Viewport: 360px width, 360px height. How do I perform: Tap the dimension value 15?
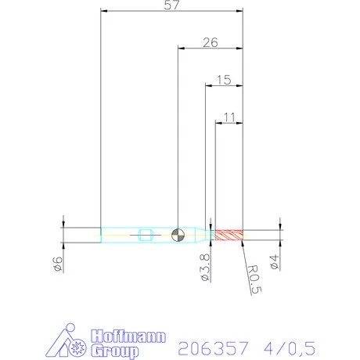coord(223,80)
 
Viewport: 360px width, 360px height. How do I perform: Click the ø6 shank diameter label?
coord(57,265)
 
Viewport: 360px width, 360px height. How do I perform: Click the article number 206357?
coord(213,345)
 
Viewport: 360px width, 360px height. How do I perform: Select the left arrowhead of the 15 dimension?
coord(207,86)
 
